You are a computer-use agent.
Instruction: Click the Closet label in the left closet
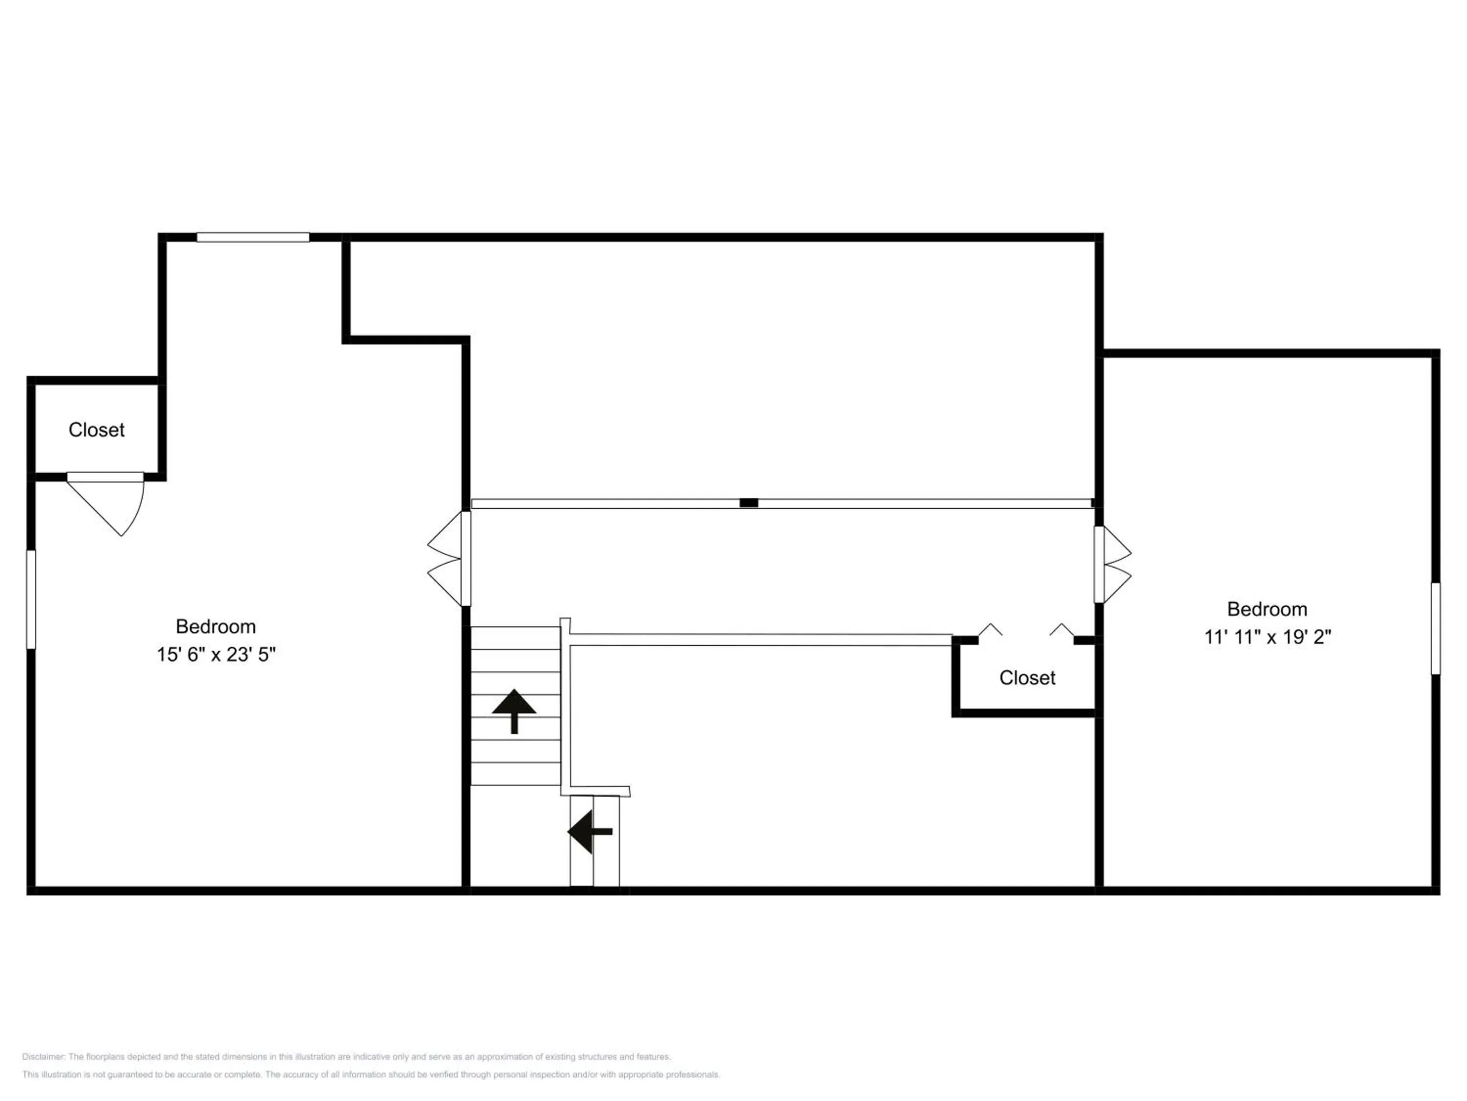(x=97, y=430)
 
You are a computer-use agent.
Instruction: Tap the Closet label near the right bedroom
(x=1027, y=678)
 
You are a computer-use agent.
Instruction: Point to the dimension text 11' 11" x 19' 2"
(x=1267, y=637)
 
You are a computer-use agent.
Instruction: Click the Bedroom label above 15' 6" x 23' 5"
(x=216, y=626)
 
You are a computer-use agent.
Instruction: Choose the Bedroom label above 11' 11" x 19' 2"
(x=1267, y=609)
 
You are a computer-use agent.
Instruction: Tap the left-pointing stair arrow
(x=590, y=831)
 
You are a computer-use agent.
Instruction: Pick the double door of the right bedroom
(x=1112, y=565)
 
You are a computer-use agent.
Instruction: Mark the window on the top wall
(x=253, y=237)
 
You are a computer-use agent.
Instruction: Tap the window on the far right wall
(x=1435, y=628)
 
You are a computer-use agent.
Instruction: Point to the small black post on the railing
(x=749, y=503)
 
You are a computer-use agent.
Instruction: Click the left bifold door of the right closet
(x=990, y=629)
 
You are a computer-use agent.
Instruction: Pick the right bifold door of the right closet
(x=1061, y=629)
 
